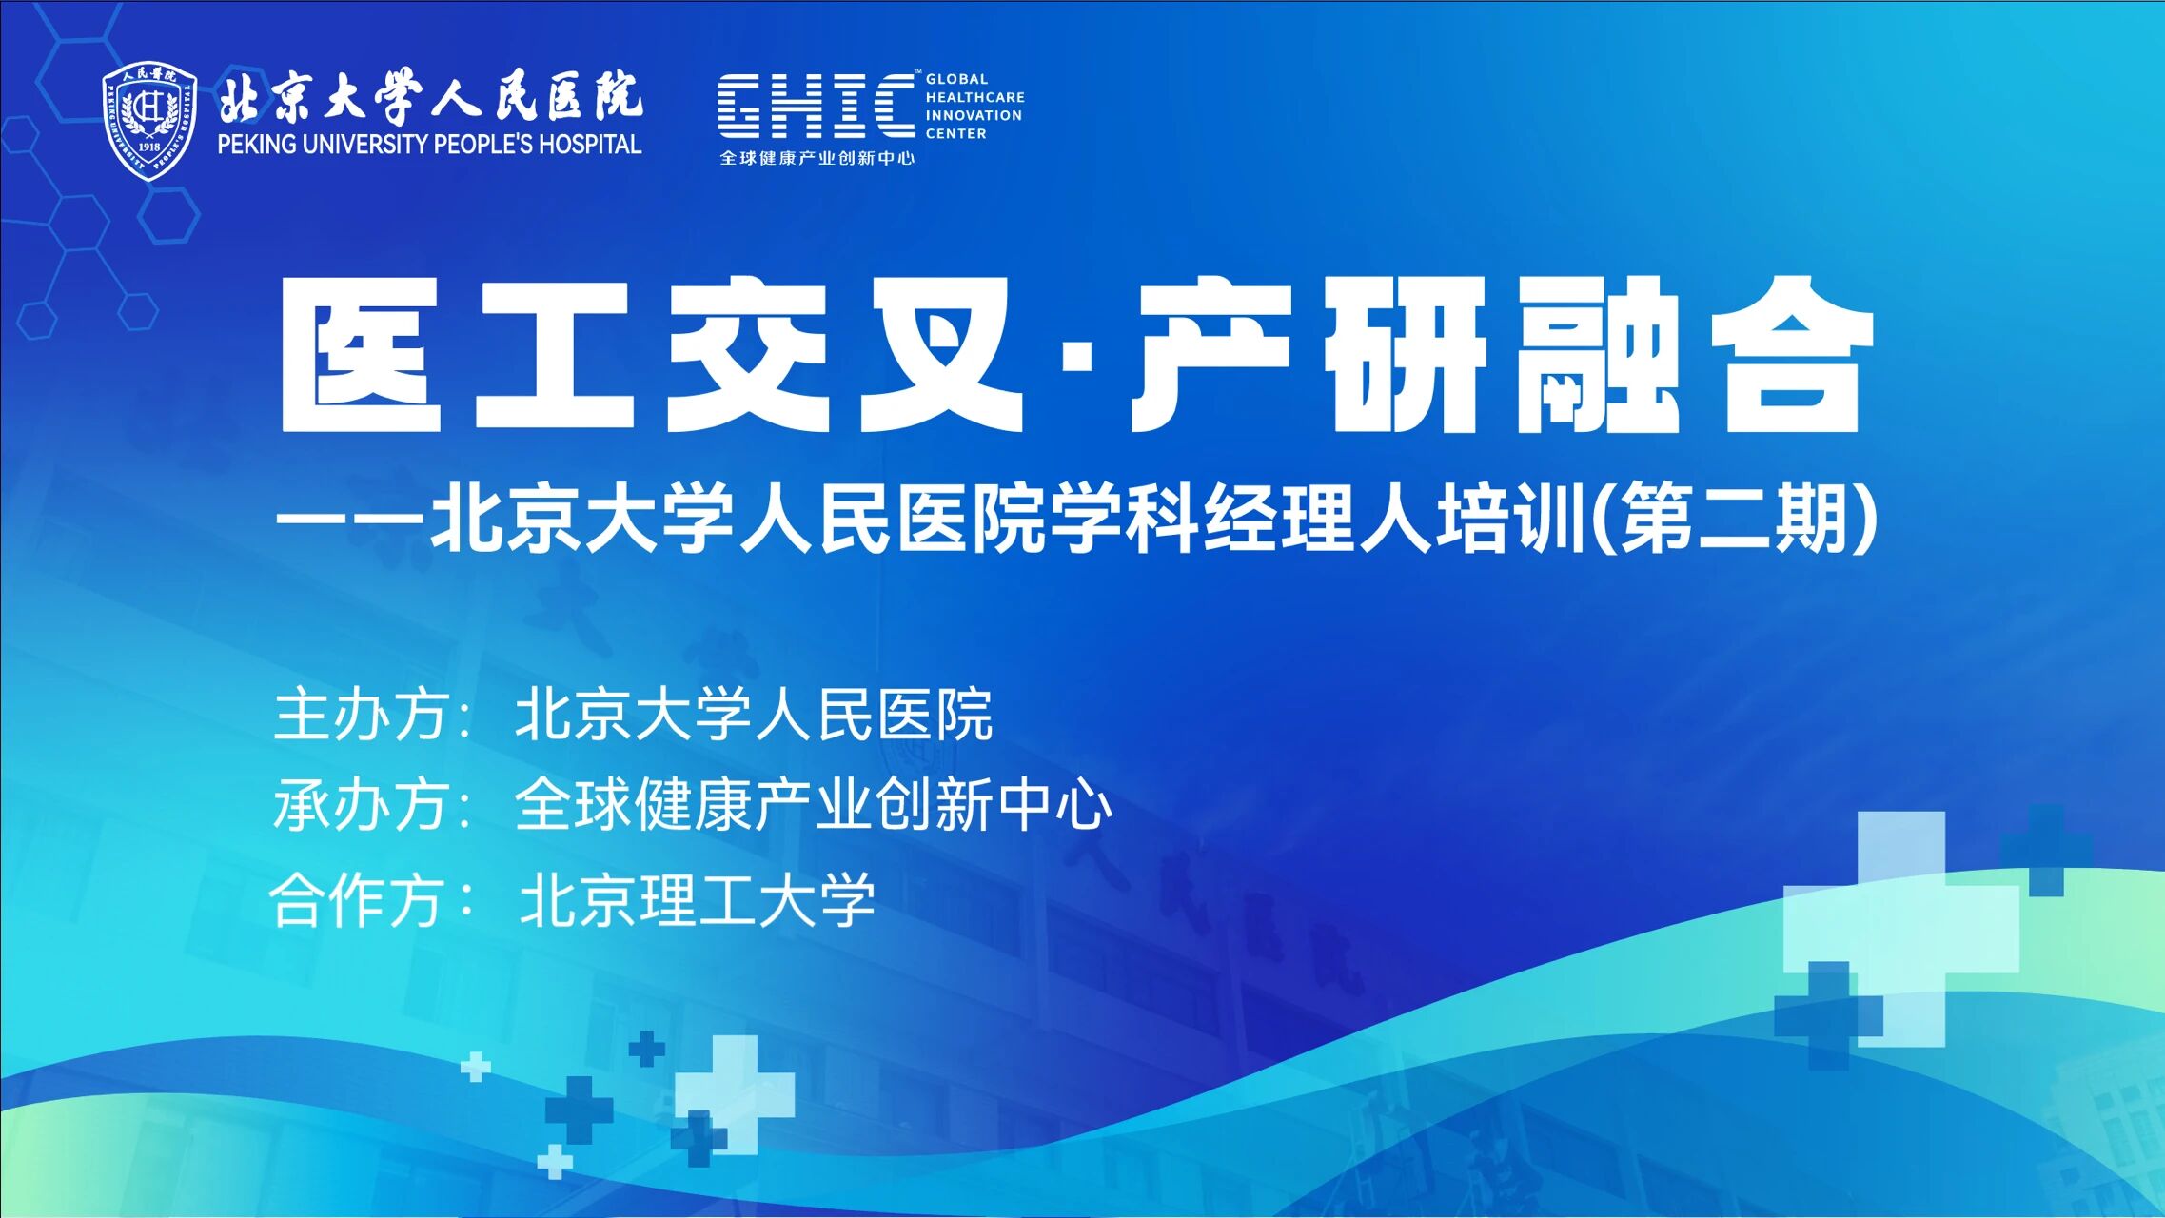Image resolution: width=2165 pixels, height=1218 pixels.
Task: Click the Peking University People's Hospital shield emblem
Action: [x=149, y=121]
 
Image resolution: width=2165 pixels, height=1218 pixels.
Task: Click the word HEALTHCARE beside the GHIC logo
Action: [x=974, y=97]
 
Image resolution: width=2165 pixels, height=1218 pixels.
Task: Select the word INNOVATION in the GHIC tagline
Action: [x=974, y=115]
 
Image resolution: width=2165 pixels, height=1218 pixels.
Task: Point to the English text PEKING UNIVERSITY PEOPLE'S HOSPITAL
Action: [x=429, y=145]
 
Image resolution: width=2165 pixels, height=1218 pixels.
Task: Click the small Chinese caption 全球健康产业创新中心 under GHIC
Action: [x=817, y=158]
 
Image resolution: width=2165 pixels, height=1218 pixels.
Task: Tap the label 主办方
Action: [x=361, y=715]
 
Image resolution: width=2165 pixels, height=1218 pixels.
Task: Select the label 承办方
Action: [x=361, y=805]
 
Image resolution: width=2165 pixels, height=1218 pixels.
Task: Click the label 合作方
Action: [x=357, y=900]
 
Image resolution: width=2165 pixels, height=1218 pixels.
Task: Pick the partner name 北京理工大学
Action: [x=697, y=900]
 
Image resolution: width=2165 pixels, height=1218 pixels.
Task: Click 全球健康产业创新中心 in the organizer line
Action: [x=814, y=805]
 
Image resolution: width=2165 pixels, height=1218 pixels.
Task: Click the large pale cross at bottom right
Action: [x=1901, y=929]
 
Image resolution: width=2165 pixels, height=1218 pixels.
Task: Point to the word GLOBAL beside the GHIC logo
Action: [x=956, y=79]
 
